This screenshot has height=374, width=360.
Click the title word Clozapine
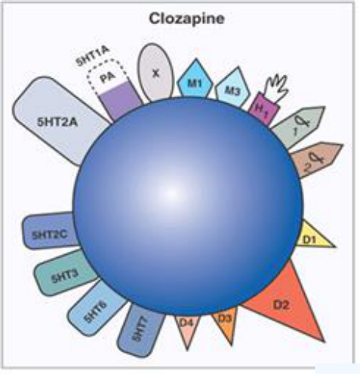pyautogui.click(x=186, y=19)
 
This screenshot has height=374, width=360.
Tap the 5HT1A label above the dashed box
pyautogui.click(x=94, y=57)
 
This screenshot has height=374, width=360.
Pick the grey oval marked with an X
pyautogui.click(x=156, y=73)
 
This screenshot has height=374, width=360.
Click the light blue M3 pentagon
pyautogui.click(x=232, y=87)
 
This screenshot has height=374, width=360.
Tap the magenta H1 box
pyautogui.click(x=263, y=109)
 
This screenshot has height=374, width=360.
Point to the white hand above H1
pyautogui.click(x=277, y=87)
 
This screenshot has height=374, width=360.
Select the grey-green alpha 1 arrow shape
pyautogui.click(x=298, y=125)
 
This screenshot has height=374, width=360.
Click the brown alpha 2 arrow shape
pyautogui.click(x=315, y=160)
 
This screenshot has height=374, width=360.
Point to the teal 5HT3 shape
pyautogui.click(x=65, y=274)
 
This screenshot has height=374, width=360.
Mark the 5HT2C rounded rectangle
pyautogui.click(x=50, y=232)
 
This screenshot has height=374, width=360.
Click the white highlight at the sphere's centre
pyautogui.click(x=171, y=193)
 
